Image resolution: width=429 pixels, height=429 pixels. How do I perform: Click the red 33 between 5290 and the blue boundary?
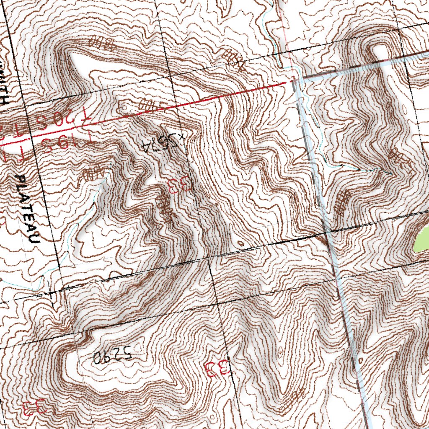coord(216,368)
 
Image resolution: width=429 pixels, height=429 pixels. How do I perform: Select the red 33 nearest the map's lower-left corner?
coord(34,407)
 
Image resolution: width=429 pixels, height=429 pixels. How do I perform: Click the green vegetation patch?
coord(421,241)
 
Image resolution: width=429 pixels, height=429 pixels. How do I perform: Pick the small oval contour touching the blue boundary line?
coord(360,360)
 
